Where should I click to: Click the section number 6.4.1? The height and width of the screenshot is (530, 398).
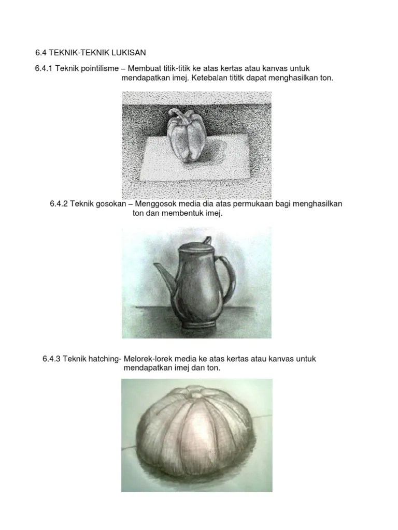point(44,68)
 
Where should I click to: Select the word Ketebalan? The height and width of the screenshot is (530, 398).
point(207,78)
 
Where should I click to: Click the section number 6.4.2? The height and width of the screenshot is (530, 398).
point(59,204)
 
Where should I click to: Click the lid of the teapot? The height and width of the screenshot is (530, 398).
point(196,247)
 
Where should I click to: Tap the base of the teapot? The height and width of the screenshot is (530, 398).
point(198,325)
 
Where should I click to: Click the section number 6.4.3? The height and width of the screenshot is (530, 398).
point(51,359)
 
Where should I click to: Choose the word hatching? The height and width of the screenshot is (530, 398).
point(104,359)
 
